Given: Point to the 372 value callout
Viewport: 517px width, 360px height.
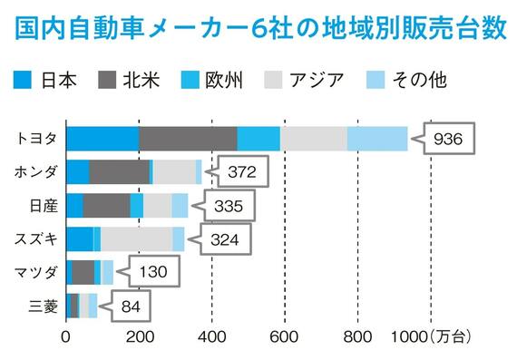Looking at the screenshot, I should [x=243, y=171].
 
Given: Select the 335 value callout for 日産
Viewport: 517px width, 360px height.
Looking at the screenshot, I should [x=228, y=206].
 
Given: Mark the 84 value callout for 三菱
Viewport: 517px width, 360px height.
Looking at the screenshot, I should [x=129, y=306].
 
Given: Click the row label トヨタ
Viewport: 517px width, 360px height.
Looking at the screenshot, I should [x=38, y=139].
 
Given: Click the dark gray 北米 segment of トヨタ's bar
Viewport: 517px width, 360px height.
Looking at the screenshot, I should [x=188, y=139].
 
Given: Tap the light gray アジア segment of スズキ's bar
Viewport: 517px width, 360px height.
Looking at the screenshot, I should [x=136, y=239].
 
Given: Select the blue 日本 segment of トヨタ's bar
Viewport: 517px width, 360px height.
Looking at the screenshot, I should [x=102, y=139].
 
